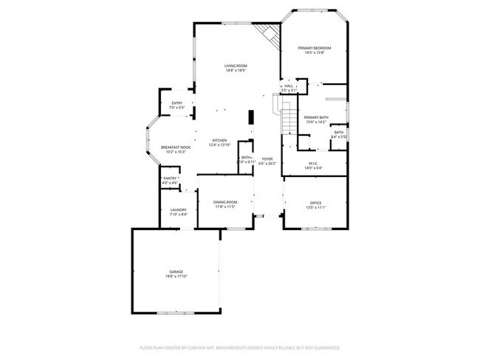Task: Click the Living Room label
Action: point(235,66)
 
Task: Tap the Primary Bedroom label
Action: point(314,49)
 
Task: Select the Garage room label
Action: point(176,271)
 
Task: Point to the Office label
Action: point(315,203)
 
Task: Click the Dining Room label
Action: point(225,202)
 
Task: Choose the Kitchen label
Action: point(220,140)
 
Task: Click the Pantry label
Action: point(170,179)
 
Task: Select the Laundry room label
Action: point(178,210)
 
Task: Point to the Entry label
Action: point(176,103)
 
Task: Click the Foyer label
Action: point(267,159)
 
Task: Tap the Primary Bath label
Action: point(315,117)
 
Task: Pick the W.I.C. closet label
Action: point(313,164)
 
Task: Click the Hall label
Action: point(289,86)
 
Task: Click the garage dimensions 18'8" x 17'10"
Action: point(176,277)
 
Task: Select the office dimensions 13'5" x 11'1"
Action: point(315,207)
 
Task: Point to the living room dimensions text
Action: point(235,71)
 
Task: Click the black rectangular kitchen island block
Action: point(251,117)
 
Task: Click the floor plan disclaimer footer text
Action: point(239,347)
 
